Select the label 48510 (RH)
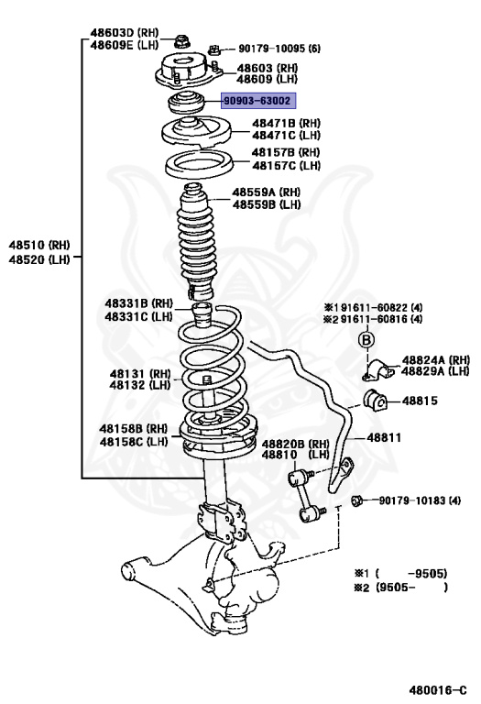click(39, 246)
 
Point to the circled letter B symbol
click(364, 340)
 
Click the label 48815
click(421, 401)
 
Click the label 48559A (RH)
click(266, 192)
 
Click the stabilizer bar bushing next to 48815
click(376, 400)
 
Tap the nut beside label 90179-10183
click(360, 500)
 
